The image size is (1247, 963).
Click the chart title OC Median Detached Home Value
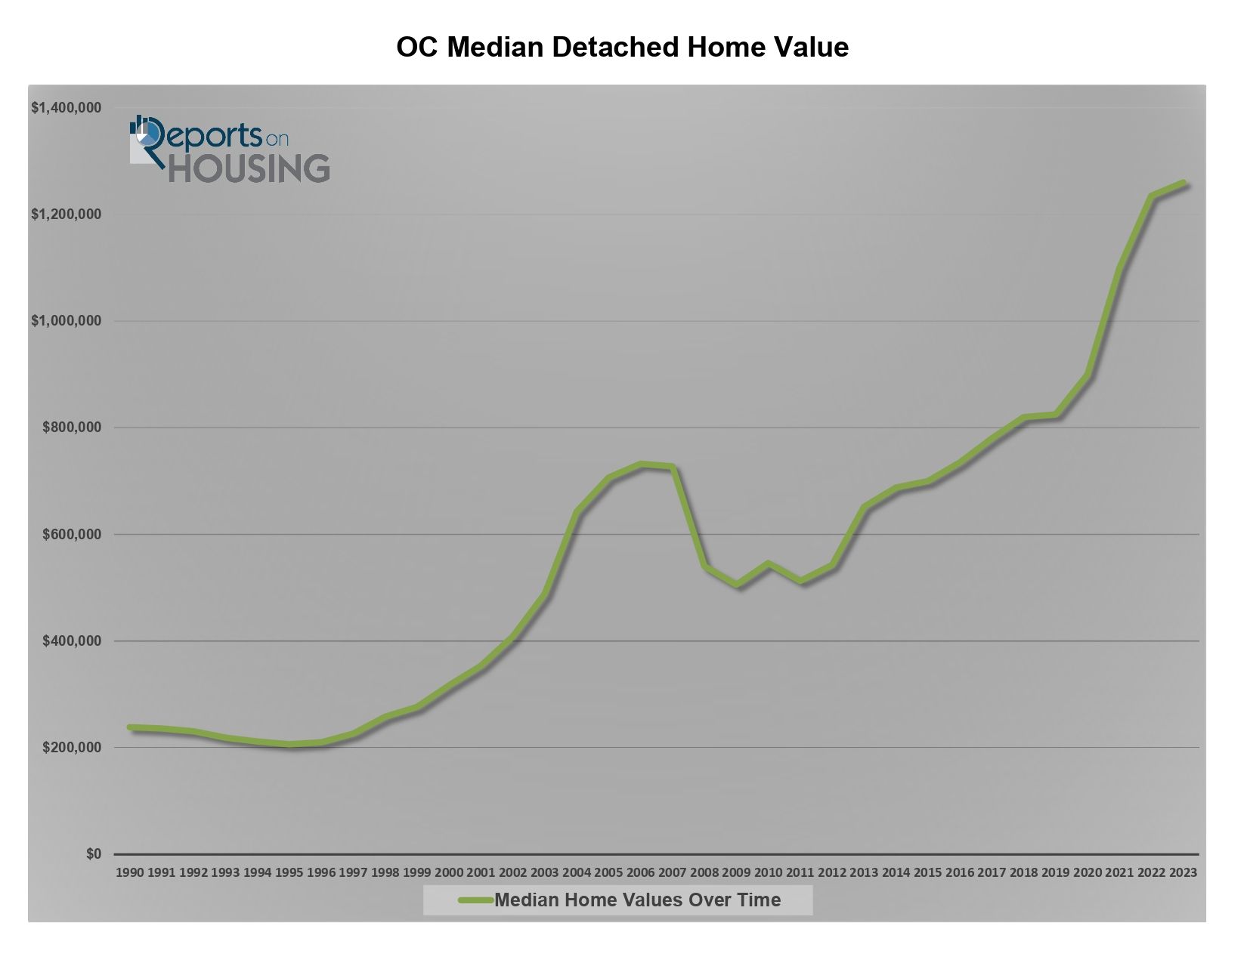pos(622,47)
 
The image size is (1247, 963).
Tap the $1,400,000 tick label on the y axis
pos(67,108)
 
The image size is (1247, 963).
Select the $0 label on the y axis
pos(94,853)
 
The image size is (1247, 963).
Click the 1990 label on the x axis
pos(129,872)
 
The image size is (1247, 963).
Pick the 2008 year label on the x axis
pos(704,872)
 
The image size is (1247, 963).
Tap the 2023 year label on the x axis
pos(1183,872)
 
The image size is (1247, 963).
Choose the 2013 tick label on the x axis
pos(864,872)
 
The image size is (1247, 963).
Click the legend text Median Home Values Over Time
pos(637,900)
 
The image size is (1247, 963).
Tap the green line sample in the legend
pos(475,900)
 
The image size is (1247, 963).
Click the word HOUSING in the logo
pos(249,168)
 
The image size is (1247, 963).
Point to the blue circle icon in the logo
pos(149,134)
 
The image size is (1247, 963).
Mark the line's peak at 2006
pos(641,465)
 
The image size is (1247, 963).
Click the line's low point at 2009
pos(737,585)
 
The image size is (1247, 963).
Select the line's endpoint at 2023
pos(1184,183)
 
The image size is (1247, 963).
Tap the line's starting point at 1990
pos(130,727)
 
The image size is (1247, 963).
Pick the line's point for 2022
pos(1151,196)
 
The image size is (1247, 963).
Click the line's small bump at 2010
pos(769,563)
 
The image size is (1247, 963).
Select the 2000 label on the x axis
pos(449,872)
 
